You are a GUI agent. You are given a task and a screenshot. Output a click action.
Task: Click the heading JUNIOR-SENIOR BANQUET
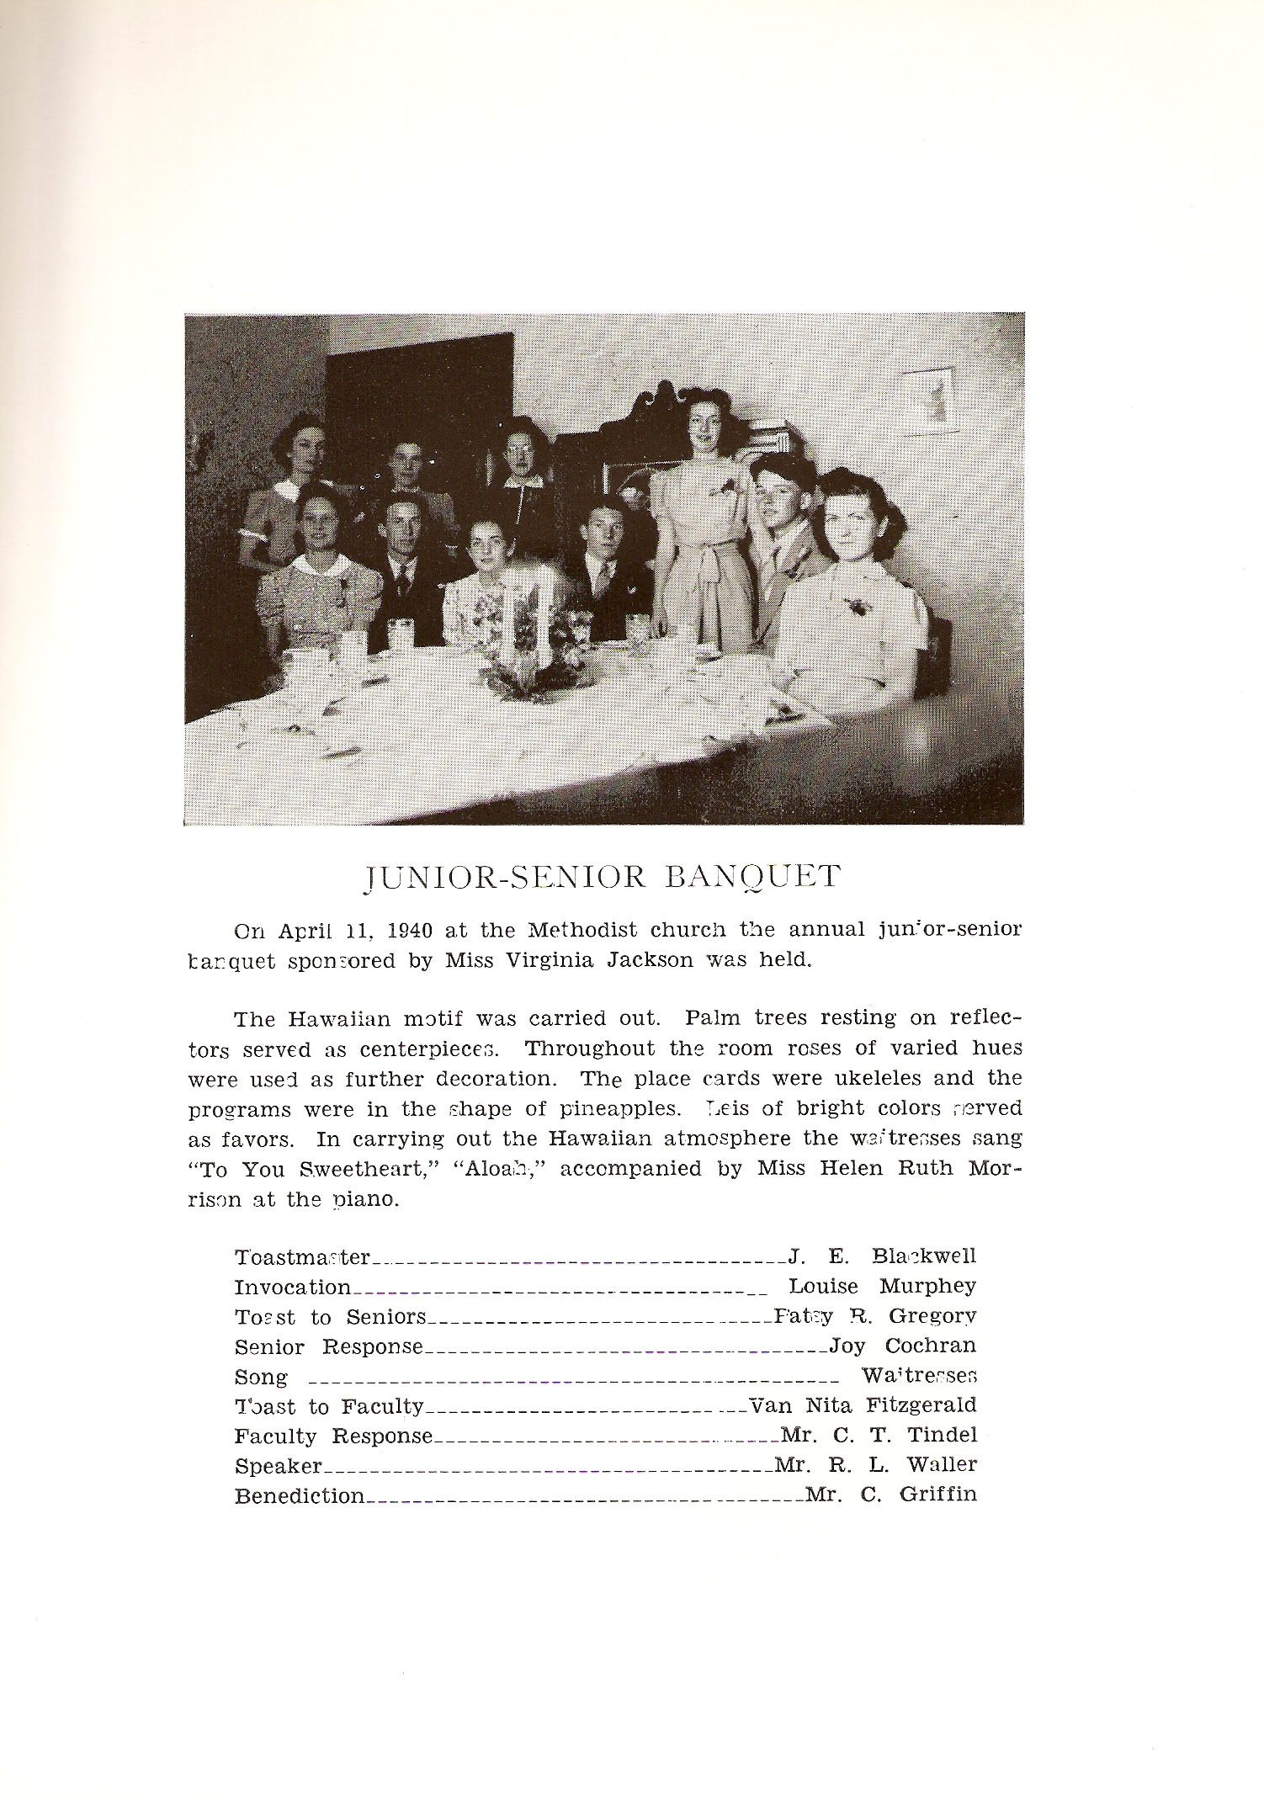601,877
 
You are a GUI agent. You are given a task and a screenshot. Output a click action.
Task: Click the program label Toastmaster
302,1257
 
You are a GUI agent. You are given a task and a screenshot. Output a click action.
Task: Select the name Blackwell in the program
924,1256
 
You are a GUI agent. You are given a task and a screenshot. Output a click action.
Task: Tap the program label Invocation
292,1287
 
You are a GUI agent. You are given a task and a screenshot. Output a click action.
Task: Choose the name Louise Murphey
882,1287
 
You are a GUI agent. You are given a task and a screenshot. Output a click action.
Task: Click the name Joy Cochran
902,1346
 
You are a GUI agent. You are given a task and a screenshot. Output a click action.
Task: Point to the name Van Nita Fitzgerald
863,1405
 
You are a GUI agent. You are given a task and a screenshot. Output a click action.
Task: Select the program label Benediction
300,1496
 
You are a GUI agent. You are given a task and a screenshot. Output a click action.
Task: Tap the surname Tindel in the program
942,1436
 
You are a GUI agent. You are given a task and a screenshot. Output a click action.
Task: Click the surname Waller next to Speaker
942,1465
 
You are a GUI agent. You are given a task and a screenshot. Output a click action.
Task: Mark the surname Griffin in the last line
938,1495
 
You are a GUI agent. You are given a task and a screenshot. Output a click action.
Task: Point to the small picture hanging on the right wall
931,401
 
